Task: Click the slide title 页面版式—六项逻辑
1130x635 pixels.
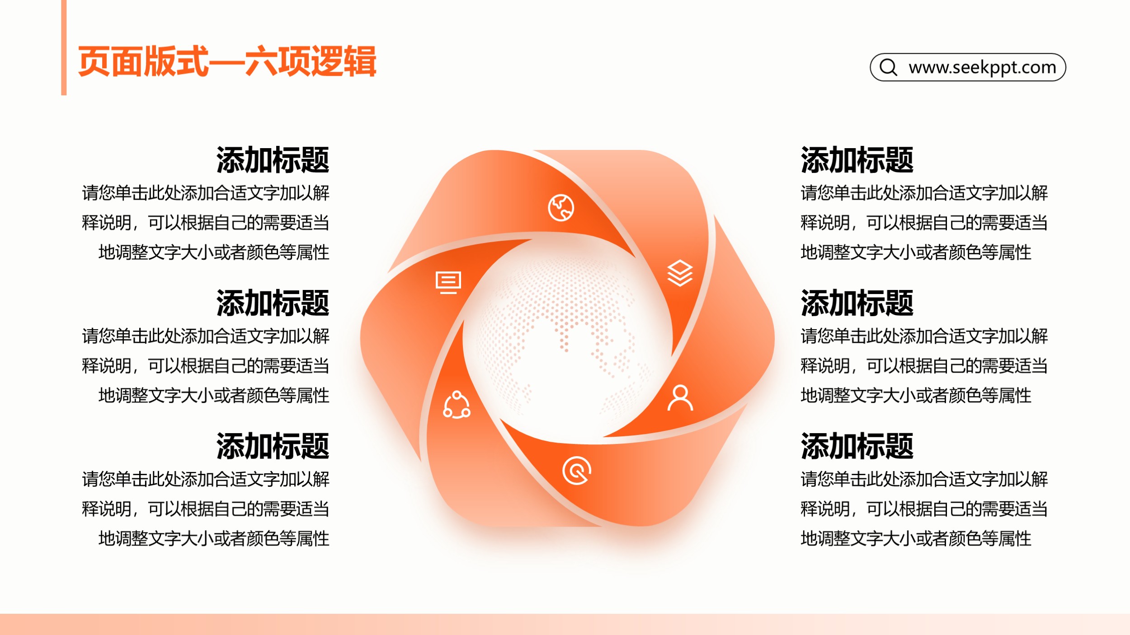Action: pyautogui.click(x=227, y=61)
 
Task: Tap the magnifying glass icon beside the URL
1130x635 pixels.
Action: pyautogui.click(x=888, y=67)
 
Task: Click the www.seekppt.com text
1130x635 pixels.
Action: pyautogui.click(x=982, y=68)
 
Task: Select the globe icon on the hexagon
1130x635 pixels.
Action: pyautogui.click(x=561, y=208)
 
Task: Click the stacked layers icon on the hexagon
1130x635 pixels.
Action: pyautogui.click(x=680, y=273)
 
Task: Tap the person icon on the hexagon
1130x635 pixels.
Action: pyautogui.click(x=680, y=397)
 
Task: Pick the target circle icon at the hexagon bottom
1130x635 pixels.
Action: pyautogui.click(x=577, y=471)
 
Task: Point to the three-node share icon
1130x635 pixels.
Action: pyautogui.click(x=457, y=405)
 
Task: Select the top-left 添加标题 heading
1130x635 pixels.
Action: pyautogui.click(x=273, y=160)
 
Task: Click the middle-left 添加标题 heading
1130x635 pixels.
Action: pyautogui.click(x=273, y=303)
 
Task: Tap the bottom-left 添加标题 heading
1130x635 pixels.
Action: pyautogui.click(x=273, y=446)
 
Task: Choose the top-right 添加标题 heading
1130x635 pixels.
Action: pyautogui.click(x=857, y=160)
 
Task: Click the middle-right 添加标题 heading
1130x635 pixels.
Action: pyautogui.click(x=857, y=303)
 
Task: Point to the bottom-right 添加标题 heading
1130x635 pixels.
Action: pyautogui.click(x=857, y=446)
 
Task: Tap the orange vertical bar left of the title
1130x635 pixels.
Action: pyautogui.click(x=64, y=47)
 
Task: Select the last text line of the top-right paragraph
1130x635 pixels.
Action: pyautogui.click(x=916, y=252)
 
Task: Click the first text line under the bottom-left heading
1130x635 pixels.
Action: pyautogui.click(x=206, y=479)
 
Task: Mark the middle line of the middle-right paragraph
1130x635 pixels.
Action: pyautogui.click(x=924, y=366)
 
